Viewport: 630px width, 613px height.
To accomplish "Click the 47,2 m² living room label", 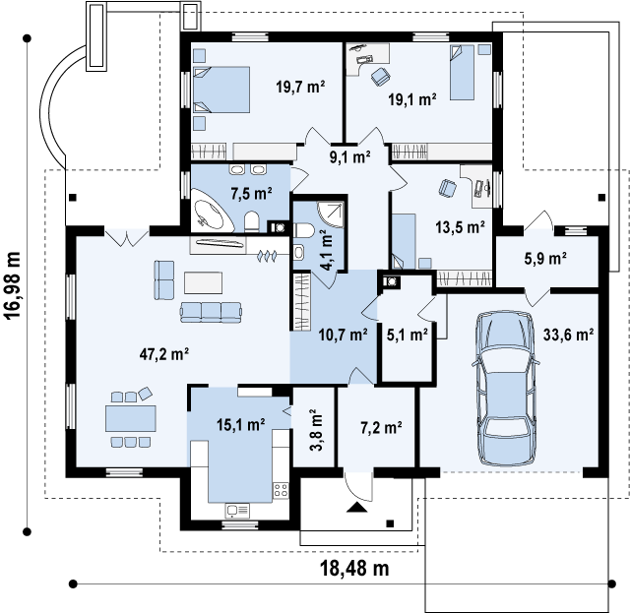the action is (164, 354).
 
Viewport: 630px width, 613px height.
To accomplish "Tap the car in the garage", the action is (505, 388).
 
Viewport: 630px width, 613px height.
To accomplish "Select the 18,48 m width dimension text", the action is (354, 569).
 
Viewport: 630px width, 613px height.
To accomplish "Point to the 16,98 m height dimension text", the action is (13, 285).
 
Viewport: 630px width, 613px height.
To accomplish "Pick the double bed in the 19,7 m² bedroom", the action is (220, 90).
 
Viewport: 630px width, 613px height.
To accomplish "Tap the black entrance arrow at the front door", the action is (356, 508).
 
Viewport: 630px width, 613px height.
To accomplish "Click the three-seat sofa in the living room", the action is (211, 313).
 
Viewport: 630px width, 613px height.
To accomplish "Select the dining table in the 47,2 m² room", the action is (131, 418).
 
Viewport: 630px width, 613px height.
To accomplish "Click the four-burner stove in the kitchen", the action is (281, 490).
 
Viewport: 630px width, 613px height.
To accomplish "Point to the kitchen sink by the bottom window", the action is (237, 511).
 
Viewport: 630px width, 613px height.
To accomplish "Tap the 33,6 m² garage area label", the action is (569, 335).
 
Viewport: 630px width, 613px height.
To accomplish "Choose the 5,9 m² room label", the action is (545, 259).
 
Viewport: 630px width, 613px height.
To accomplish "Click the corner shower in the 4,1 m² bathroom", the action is (332, 215).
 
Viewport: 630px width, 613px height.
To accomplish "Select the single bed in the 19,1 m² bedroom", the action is (462, 72).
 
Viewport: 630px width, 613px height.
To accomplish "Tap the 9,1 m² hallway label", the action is (350, 157).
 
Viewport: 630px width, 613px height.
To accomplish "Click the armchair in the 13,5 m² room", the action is (447, 188).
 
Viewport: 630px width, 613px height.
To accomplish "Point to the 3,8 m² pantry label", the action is (317, 430).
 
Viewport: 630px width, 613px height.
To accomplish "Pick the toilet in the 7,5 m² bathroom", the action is (252, 221).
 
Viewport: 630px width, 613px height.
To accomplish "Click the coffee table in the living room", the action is (204, 282).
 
